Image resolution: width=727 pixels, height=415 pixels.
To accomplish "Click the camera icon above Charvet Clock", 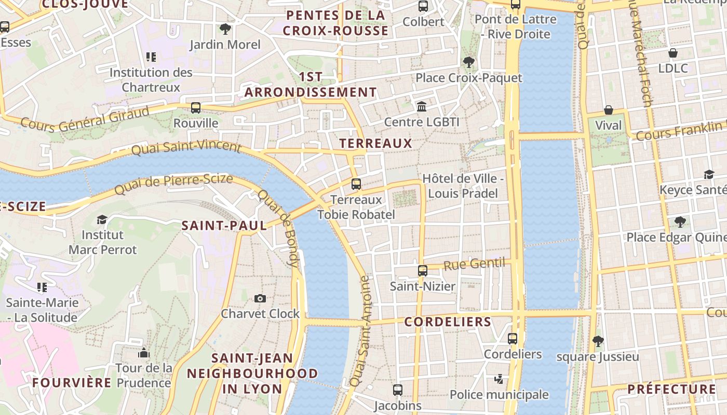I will click(260, 298).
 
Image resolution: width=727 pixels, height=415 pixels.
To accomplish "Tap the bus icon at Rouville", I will click(196, 108).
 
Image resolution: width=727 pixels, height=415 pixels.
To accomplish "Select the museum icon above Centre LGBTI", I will click(422, 106).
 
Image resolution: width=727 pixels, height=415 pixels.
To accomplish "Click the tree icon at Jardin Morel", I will click(225, 29).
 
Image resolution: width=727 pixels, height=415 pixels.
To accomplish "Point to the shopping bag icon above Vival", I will click(608, 110).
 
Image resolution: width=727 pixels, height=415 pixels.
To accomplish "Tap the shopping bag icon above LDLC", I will click(673, 53).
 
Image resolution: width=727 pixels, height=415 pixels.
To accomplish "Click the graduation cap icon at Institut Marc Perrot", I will click(102, 219).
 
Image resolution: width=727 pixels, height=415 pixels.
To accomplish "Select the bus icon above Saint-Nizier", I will click(423, 271).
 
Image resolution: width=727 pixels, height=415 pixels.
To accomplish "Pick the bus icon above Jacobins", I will click(398, 390).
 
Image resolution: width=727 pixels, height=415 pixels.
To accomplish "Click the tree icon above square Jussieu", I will click(598, 341).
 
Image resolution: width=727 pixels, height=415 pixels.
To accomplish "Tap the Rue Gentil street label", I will click(475, 264).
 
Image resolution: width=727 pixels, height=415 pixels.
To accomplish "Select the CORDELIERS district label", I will click(448, 322).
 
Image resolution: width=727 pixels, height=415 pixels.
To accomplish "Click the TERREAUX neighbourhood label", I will click(375, 144).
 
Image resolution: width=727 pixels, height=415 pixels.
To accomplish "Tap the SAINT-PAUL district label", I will click(224, 225).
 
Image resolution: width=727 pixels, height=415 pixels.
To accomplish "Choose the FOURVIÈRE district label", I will click(72, 383).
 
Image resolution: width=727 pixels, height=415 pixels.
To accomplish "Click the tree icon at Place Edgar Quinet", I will click(680, 223).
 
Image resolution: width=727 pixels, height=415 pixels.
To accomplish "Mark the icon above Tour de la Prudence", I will click(144, 353).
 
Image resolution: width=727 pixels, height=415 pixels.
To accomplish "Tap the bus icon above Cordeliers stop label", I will click(513, 339).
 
